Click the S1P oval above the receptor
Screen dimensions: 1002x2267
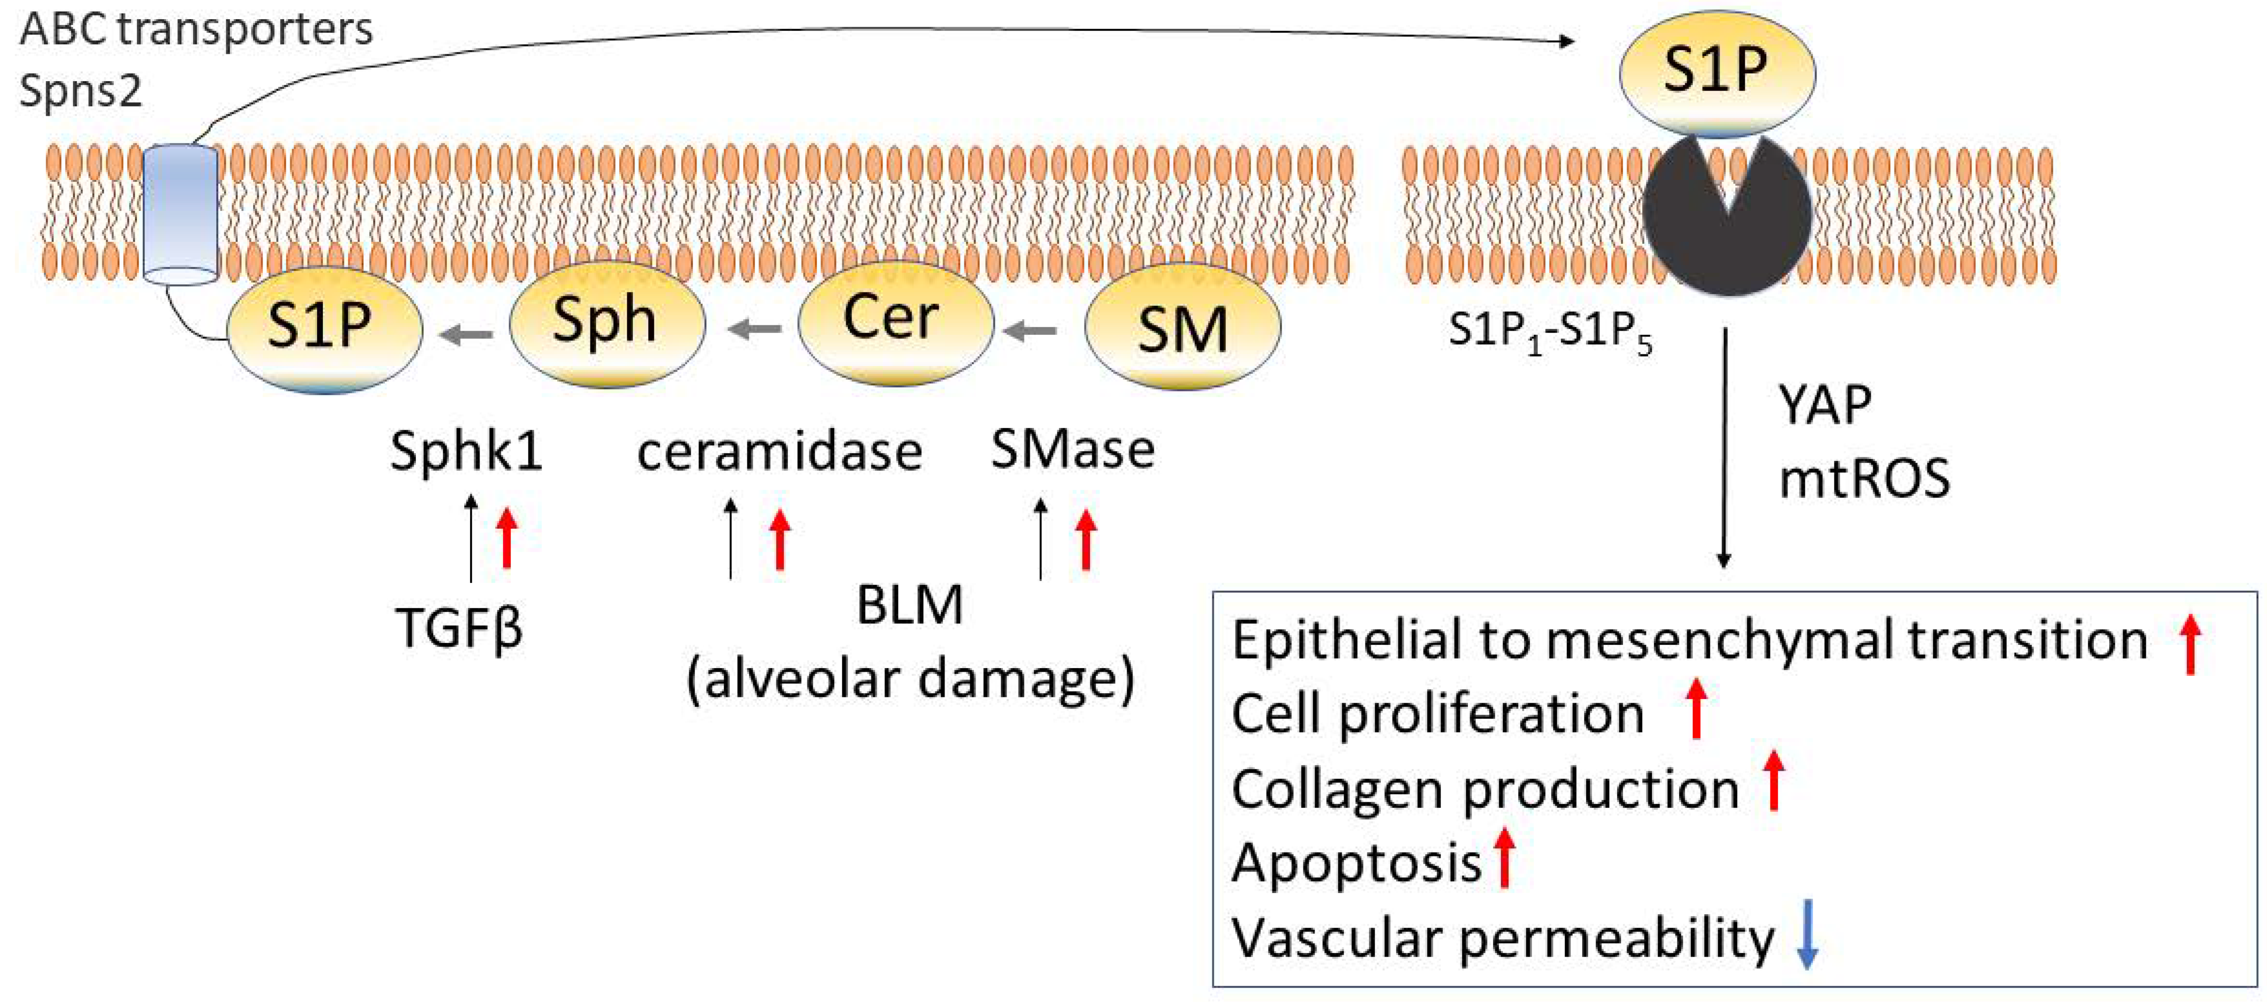click(x=1716, y=70)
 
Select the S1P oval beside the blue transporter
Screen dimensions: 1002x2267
click(x=323, y=327)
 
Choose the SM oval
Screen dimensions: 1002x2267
click(x=1182, y=327)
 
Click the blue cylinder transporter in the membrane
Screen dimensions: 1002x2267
click(x=180, y=216)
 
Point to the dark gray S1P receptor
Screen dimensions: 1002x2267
click(x=1727, y=224)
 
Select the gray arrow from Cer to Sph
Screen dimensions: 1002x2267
click(x=754, y=329)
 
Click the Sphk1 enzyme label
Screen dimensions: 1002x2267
click(x=466, y=451)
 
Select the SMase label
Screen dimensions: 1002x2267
click(x=1072, y=450)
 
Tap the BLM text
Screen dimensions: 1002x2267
click(x=909, y=605)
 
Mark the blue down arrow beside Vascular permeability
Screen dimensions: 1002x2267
click(x=1807, y=934)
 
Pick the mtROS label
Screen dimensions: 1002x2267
click(x=1864, y=479)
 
